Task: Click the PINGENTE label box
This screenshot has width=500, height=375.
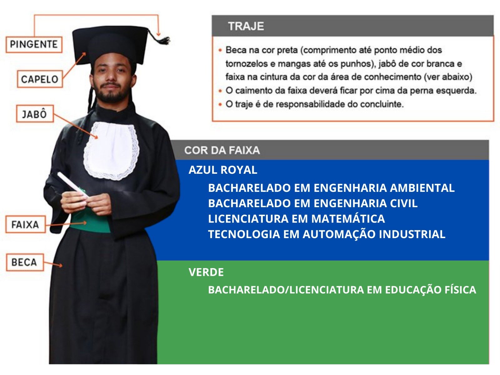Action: [34, 44]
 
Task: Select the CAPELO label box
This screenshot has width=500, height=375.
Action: [40, 79]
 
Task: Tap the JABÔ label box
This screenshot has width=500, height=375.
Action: [35, 114]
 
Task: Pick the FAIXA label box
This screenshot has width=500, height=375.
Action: [26, 224]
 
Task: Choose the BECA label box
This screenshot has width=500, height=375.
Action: [25, 262]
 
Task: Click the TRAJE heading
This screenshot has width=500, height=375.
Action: [246, 26]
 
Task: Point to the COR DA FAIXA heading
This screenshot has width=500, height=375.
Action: [222, 150]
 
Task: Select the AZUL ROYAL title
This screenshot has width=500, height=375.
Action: [223, 170]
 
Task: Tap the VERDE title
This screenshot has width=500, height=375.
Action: [206, 272]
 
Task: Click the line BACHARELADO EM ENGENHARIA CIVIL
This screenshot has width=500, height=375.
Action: [313, 203]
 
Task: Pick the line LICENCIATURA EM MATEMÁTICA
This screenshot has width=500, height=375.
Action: [297, 219]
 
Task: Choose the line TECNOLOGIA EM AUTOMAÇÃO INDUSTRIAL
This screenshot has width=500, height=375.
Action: [327, 234]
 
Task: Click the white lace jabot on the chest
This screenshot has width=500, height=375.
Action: [111, 150]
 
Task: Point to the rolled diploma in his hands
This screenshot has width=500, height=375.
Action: [73, 184]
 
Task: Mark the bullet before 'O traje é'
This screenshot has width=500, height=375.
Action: [220, 104]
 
